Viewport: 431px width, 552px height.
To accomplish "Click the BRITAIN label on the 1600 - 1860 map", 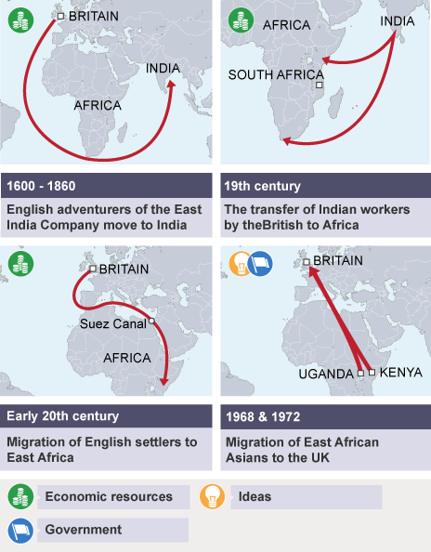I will coord(95,16).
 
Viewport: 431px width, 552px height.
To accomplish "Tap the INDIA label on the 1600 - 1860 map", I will coord(163,67).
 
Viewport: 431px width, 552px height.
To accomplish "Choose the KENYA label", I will coord(399,373).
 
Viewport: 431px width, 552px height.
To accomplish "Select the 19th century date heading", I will coord(262,186).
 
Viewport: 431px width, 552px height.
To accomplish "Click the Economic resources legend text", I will coord(109,497).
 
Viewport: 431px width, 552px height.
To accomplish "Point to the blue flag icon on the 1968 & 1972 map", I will coord(260,264).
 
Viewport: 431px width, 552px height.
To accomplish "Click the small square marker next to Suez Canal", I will coord(151,323).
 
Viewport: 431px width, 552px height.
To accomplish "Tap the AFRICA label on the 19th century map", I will coord(286,25).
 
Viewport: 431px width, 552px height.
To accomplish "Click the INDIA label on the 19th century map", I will coord(398,20).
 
